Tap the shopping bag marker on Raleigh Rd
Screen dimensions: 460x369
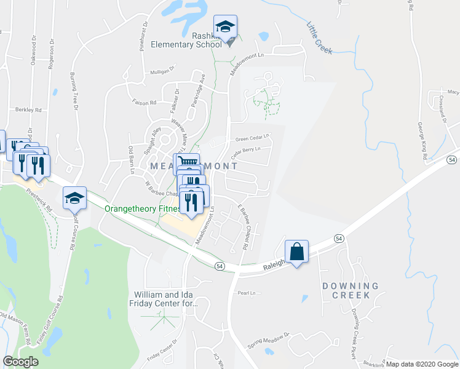click(x=296, y=252)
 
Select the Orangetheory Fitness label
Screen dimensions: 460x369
click(x=141, y=208)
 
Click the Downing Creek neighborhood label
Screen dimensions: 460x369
click(x=350, y=290)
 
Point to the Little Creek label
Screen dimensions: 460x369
click(x=319, y=38)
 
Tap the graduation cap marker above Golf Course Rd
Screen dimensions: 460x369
click(x=74, y=198)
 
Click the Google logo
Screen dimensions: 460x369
click(x=20, y=362)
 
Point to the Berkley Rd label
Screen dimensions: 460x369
click(x=29, y=110)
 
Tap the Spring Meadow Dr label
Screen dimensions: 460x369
click(x=268, y=336)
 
